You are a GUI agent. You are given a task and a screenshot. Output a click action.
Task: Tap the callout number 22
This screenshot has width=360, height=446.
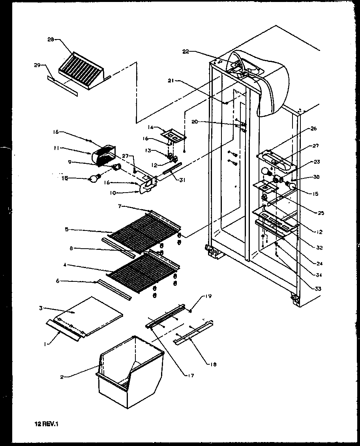(187, 51)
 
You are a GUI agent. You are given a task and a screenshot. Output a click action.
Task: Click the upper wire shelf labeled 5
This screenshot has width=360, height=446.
(144, 233)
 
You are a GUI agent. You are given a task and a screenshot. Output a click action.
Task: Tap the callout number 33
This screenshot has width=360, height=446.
(318, 289)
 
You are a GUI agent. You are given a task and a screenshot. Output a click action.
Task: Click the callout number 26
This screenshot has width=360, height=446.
(313, 129)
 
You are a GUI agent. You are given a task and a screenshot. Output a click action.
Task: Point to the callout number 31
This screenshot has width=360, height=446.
(181, 179)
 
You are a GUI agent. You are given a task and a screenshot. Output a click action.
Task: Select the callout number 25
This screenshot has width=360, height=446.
(321, 213)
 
